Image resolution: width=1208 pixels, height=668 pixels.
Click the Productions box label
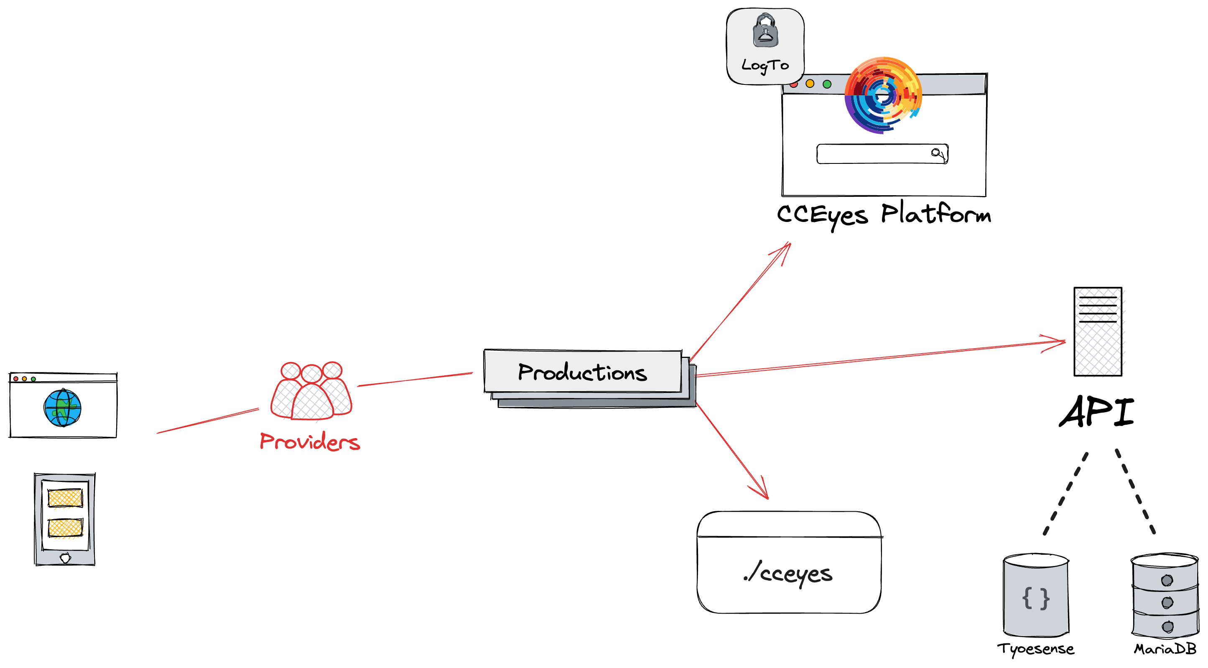tap(582, 372)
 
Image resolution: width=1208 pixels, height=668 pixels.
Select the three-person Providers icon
tap(311, 391)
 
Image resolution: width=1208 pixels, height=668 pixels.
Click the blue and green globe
tap(63, 408)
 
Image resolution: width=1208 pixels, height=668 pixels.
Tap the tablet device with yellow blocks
tap(65, 520)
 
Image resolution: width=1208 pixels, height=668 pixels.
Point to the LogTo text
tap(765, 65)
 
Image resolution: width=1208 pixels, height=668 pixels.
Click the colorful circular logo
tap(883, 95)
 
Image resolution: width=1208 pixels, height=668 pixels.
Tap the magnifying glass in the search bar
tap(937, 153)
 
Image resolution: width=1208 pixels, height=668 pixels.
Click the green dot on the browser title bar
tap(827, 84)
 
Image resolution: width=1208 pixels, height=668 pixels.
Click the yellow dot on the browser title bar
tap(810, 84)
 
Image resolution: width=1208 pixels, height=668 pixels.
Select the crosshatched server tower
tap(1100, 332)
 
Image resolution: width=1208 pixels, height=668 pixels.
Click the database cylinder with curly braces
tap(1036, 596)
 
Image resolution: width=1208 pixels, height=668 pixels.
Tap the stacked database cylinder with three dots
tap(1165, 596)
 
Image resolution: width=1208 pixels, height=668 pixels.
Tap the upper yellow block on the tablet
tap(65, 498)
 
